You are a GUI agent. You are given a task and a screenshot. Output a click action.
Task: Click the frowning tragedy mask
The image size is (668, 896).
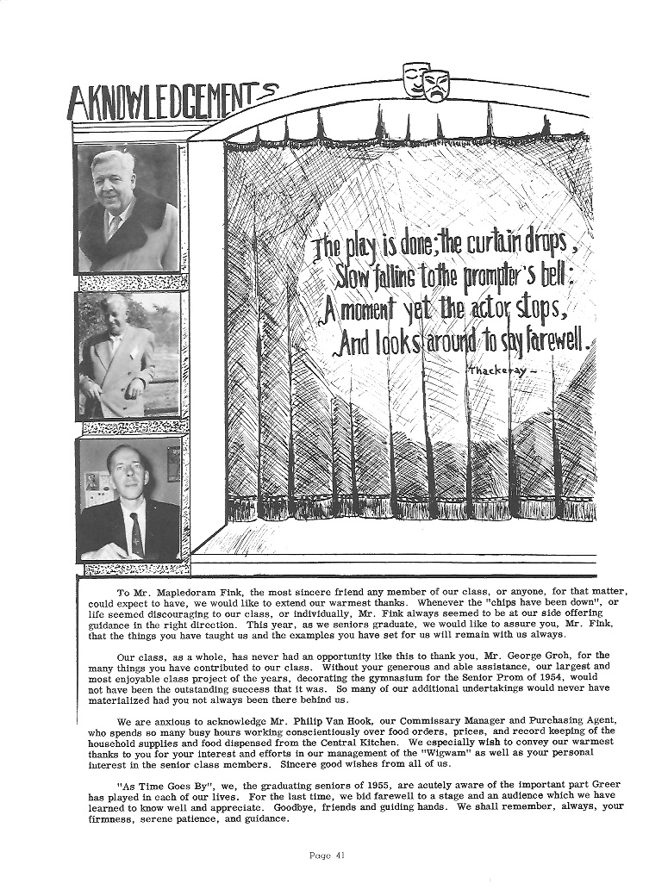[x=436, y=85]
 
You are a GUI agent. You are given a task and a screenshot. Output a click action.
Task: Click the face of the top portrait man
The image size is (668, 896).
[x=115, y=180]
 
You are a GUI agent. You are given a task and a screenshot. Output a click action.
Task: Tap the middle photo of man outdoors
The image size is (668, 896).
[x=128, y=355]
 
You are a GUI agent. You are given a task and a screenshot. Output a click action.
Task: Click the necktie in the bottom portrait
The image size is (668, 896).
[x=136, y=534]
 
